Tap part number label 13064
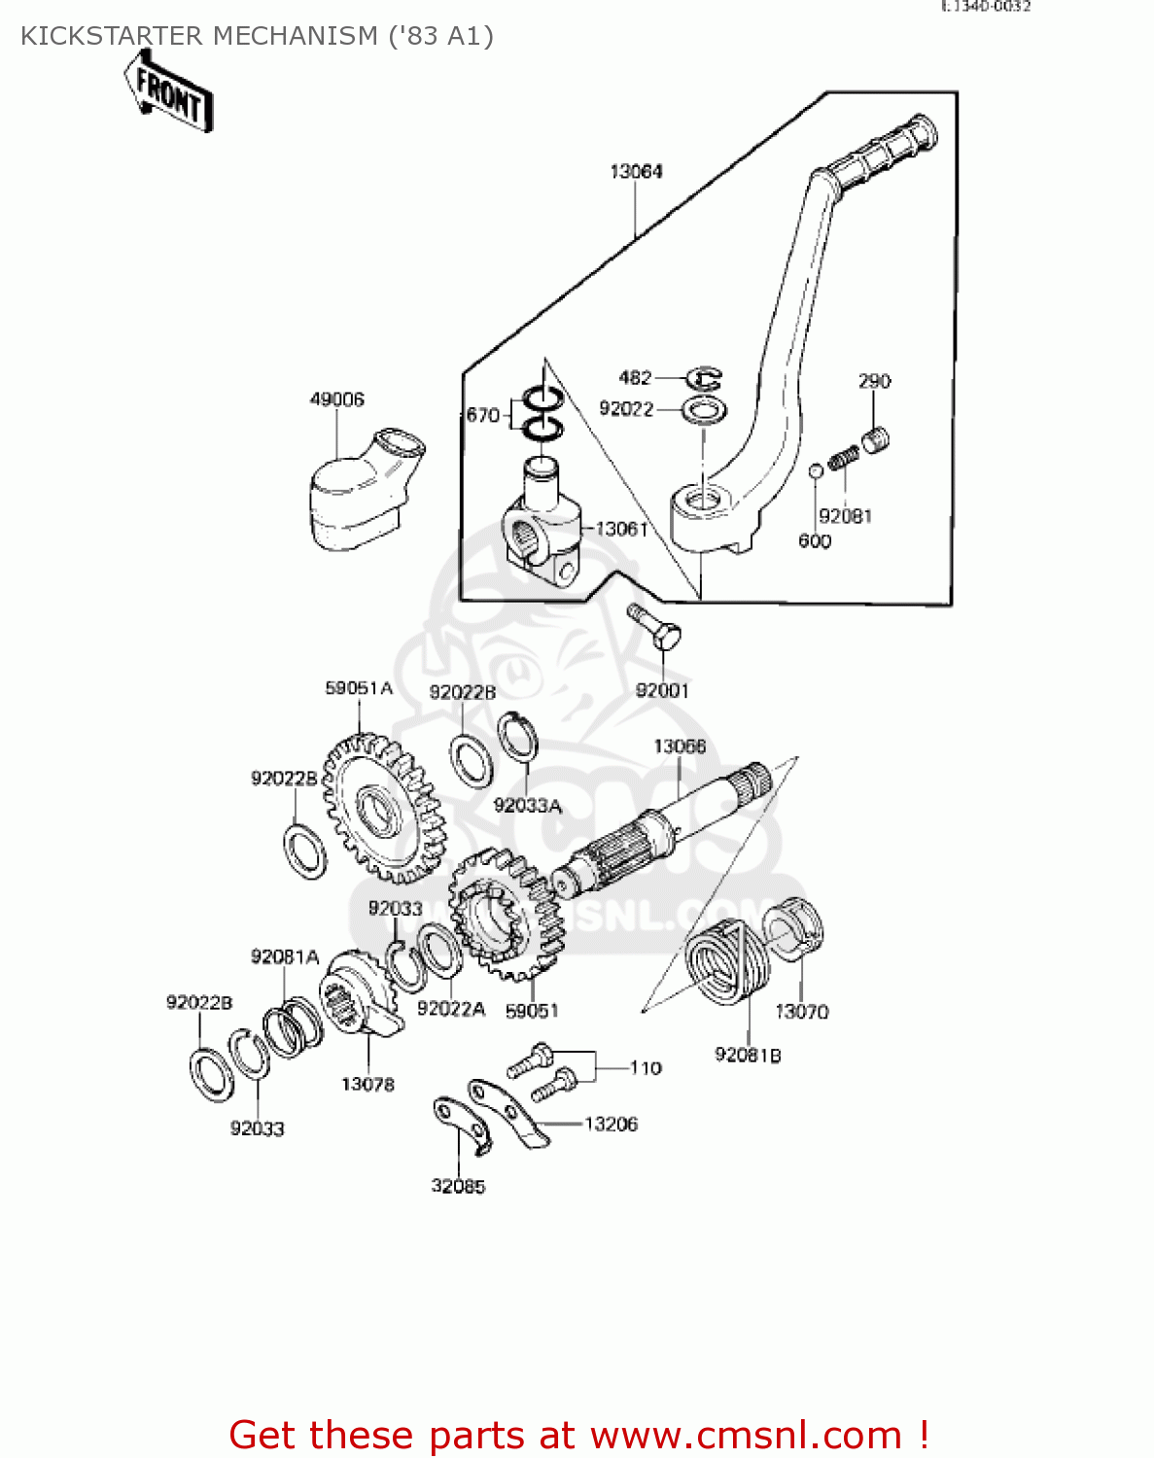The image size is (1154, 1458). pyautogui.click(x=636, y=172)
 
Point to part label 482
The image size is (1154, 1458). pyautogui.click(x=635, y=378)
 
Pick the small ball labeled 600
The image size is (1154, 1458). pyautogui.click(x=817, y=471)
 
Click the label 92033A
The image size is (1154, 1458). pyautogui.click(x=527, y=806)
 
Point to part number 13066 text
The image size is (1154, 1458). pyautogui.click(x=680, y=746)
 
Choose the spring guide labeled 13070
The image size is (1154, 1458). pyautogui.click(x=797, y=927)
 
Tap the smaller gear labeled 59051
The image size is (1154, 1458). pyautogui.click(x=506, y=914)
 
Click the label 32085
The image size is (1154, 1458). pyautogui.click(x=458, y=1186)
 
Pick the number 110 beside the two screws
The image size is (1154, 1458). pyautogui.click(x=646, y=1068)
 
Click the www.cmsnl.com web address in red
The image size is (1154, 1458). pyautogui.click(x=747, y=1435)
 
